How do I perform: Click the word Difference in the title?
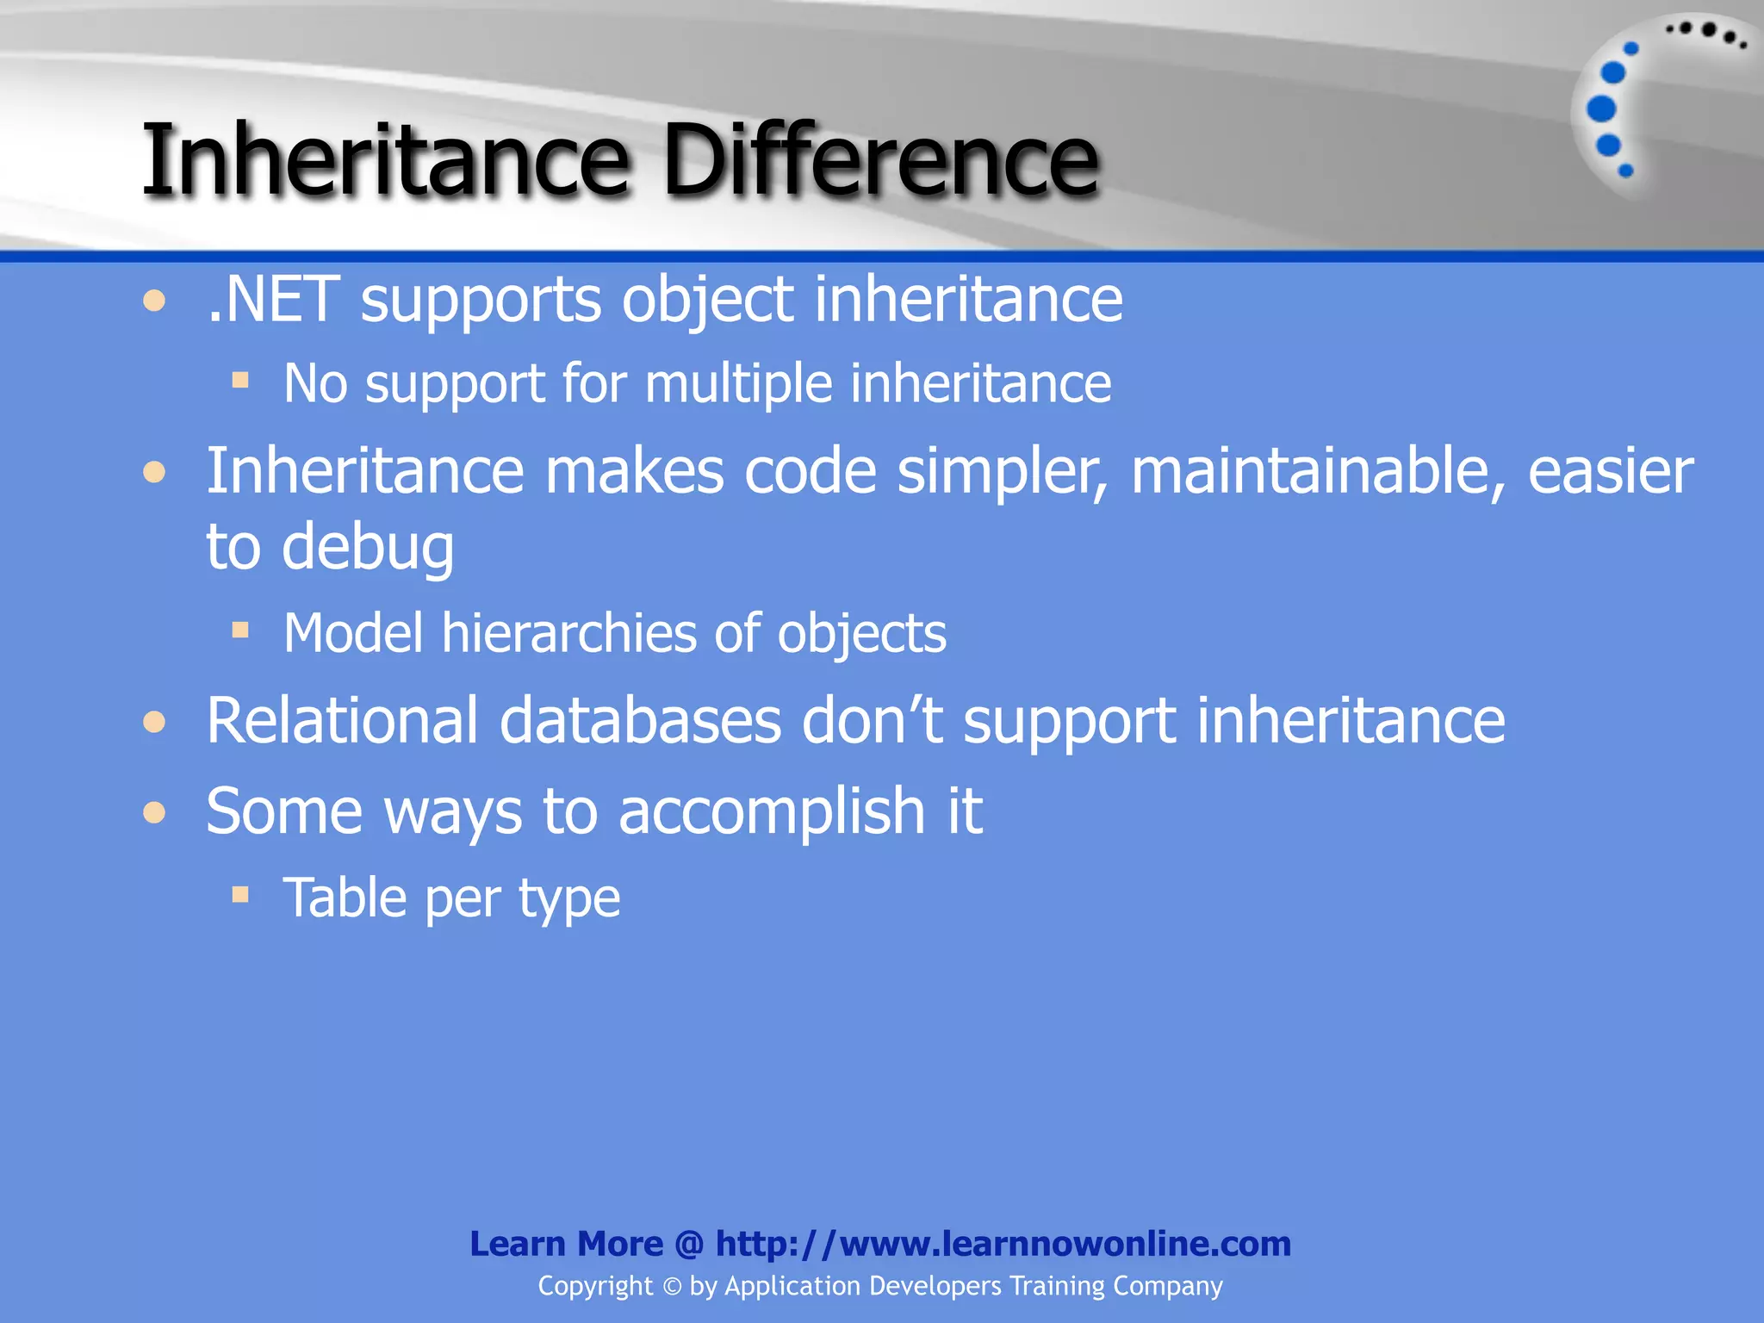coord(880,161)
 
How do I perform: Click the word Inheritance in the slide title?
coord(386,161)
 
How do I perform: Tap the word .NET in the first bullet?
coord(274,301)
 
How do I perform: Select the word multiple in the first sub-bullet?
coord(738,383)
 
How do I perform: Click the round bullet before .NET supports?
coord(154,301)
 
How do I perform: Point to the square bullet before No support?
coord(240,380)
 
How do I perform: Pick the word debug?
coord(368,548)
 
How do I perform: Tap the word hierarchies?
coord(569,634)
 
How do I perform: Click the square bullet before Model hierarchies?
coord(240,630)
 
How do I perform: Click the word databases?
coord(640,720)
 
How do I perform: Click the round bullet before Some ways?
coord(154,812)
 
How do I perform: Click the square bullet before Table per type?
coord(240,895)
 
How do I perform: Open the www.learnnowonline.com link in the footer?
coord(1003,1244)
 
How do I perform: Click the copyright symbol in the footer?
coord(672,1287)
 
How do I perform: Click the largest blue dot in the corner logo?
coord(1601,109)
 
